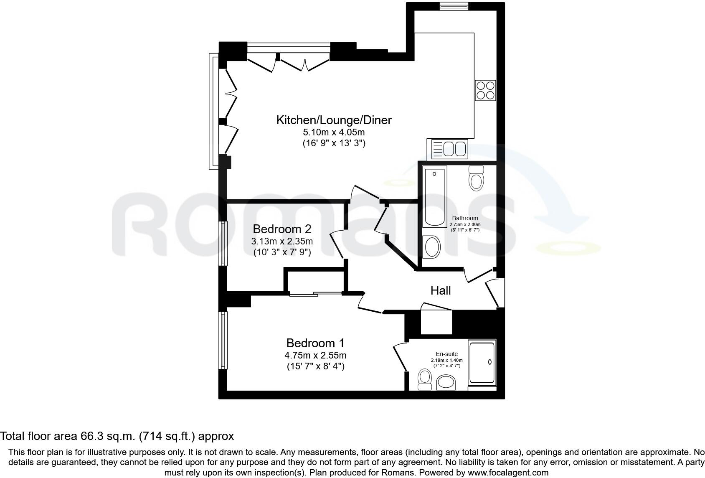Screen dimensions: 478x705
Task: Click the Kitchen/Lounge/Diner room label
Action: (334, 120)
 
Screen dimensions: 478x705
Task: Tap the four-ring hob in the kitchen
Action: (485, 90)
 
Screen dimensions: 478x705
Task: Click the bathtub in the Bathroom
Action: (434, 196)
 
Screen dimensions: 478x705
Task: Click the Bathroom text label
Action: (465, 218)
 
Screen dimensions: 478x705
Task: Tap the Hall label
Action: (441, 290)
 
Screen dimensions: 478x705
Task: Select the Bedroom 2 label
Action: (282, 229)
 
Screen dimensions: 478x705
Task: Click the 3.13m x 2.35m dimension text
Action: (282, 242)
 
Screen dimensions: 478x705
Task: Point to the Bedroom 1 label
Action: (315, 343)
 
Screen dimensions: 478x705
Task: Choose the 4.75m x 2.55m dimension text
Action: (315, 356)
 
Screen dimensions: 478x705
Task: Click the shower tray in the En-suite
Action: (482, 362)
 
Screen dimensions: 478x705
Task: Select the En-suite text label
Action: (446, 354)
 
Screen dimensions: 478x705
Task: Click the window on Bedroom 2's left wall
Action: (223, 243)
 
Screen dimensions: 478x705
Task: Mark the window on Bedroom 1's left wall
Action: (223, 340)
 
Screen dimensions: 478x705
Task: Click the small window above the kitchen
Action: (454, 6)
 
